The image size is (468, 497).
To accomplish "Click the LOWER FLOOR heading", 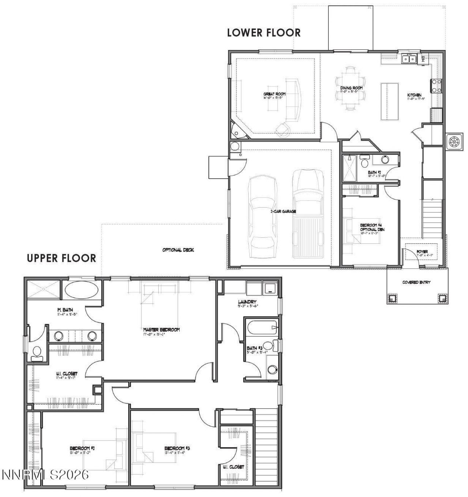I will pos(264,33).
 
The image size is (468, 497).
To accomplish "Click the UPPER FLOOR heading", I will pos(61,258).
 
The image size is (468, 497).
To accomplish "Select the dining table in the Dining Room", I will pos(351,88).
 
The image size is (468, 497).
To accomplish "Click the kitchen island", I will pos(389,101).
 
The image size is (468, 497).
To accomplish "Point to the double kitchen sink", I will pos(409,59).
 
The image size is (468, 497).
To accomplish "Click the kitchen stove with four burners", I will pos(436,86).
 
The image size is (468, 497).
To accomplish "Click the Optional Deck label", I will pos(178,250).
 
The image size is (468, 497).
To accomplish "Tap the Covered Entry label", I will pos(416,282).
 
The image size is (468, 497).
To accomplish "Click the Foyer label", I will pos(422,252).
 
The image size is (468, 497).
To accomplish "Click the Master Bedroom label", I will pos(161,330).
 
